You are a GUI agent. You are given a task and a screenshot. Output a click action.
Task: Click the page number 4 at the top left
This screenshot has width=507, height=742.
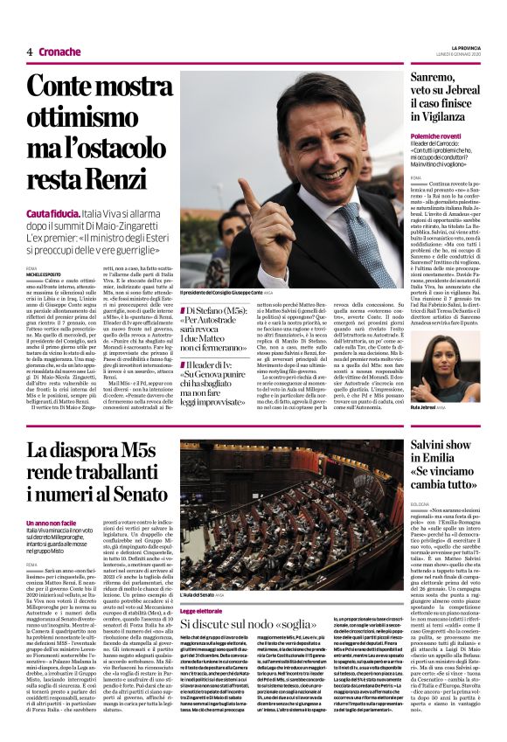click(30, 52)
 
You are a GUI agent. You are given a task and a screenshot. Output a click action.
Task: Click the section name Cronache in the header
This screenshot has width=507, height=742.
click(59, 52)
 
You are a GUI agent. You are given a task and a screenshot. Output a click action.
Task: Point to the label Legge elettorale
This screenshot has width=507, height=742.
click(202, 611)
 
